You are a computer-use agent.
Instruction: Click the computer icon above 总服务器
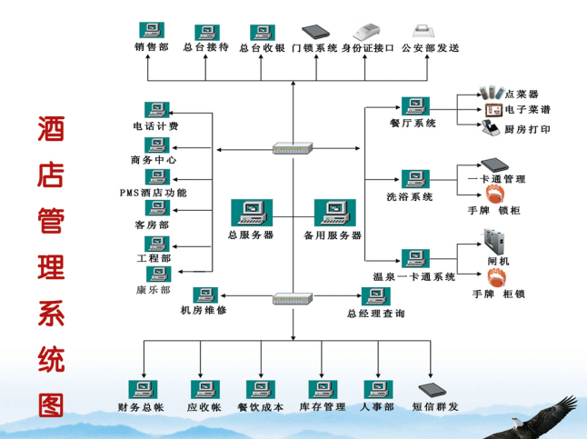point(249,212)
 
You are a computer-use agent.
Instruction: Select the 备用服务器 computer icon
point(332,212)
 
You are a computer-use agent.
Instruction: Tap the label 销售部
point(151,47)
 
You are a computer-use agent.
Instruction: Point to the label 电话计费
point(155,126)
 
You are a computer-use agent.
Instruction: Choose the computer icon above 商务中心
point(157,144)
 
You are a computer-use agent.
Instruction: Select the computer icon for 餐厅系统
point(415,105)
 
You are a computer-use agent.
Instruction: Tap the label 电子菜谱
point(527,110)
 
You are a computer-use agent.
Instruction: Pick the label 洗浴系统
point(410,196)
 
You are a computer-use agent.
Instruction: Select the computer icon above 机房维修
point(204,294)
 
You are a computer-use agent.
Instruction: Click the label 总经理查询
point(375,313)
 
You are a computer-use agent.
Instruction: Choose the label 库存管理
point(323,407)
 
